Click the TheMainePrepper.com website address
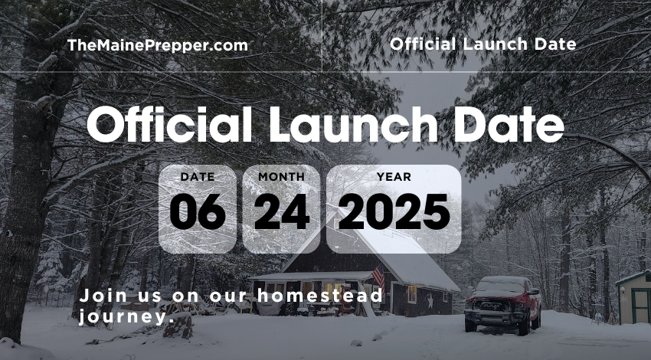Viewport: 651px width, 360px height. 157,45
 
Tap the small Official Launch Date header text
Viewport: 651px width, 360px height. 483,44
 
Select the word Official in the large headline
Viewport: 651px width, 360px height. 169,124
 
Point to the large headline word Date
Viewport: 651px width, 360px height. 509,124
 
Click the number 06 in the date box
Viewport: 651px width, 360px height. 198,211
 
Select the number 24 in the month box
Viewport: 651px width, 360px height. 282,211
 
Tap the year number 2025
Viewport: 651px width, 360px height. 394,211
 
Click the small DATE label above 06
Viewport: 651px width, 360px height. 198,177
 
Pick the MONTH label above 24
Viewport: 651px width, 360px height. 282,177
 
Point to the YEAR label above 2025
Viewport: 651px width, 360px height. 394,177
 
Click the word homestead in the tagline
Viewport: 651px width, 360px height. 319,295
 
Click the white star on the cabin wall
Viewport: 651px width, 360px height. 430,300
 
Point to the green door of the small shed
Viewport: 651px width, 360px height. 640,306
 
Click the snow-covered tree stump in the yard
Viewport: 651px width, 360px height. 178,326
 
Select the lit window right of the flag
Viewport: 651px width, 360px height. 412,294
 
